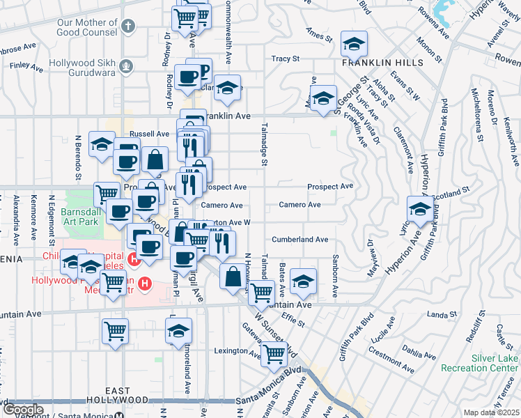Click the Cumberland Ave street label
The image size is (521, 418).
pos(300,240)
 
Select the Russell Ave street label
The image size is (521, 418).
pos(150,134)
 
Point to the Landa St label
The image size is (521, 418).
pos(440,315)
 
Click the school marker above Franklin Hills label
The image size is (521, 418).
pos(354,43)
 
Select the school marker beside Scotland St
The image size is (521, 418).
pos(420,208)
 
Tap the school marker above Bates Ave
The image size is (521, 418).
pos(303,280)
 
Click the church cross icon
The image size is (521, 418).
pos(126,27)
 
